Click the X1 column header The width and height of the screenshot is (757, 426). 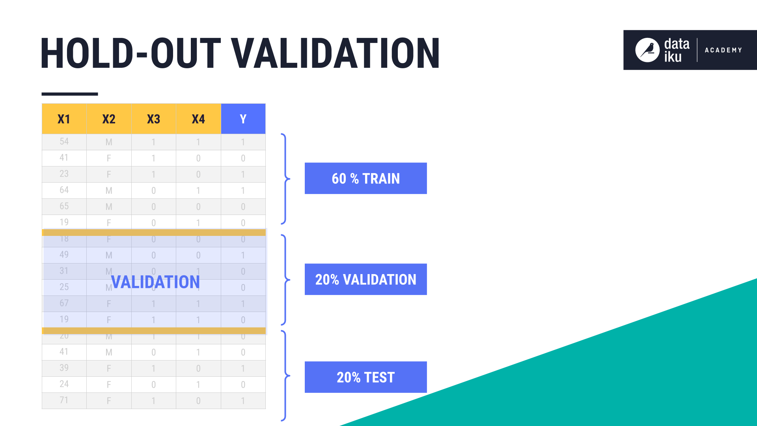[x=64, y=119]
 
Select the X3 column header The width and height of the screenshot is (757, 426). [x=153, y=119]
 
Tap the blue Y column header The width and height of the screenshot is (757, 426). [x=243, y=119]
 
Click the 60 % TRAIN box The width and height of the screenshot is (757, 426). [x=365, y=178]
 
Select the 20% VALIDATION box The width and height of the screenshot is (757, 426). [x=365, y=279]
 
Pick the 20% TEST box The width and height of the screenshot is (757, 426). [x=365, y=377]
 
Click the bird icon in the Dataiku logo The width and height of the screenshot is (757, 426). [x=647, y=50]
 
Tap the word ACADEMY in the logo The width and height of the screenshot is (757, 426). [x=723, y=50]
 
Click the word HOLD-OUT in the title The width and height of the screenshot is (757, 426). [x=130, y=53]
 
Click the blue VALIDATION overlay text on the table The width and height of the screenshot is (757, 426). [x=155, y=282]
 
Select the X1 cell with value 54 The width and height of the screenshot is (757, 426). [x=64, y=142]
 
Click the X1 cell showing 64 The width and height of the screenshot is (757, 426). [x=64, y=190]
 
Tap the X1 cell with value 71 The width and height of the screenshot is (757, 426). [x=64, y=400]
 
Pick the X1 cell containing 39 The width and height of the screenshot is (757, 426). [x=64, y=368]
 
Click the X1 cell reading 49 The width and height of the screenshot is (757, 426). [x=64, y=255]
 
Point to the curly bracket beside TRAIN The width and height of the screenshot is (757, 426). [x=285, y=179]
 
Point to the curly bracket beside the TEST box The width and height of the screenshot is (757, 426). [x=285, y=376]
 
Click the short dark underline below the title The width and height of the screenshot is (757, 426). [x=70, y=94]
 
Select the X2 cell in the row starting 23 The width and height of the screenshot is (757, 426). [x=109, y=174]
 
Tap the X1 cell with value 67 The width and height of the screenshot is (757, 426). [x=64, y=303]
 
